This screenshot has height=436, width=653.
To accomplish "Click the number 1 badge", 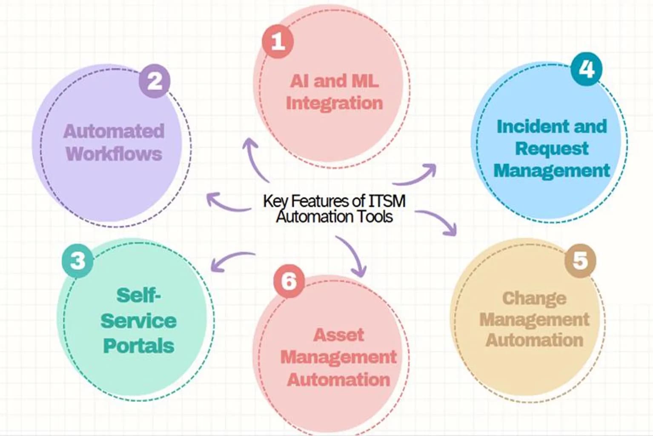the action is (x=278, y=41).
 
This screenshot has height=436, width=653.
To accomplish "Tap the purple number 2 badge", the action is (x=155, y=81).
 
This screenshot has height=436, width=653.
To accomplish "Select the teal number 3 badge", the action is (x=78, y=261).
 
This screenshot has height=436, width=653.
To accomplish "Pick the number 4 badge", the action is (x=586, y=69).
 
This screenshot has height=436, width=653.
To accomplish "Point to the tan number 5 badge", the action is (x=580, y=260).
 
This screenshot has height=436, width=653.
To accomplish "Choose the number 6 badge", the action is (x=289, y=281).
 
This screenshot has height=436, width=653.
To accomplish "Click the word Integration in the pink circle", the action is (x=334, y=103).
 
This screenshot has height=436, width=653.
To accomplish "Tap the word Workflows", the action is (x=114, y=154).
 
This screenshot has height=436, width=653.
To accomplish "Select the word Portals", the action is (x=139, y=346).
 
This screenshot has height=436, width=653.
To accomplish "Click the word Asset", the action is (x=338, y=335).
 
